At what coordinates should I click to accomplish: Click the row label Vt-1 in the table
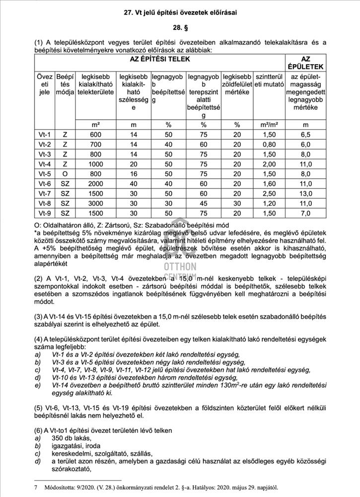(x=45, y=134)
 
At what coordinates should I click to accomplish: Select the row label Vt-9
(x=45, y=213)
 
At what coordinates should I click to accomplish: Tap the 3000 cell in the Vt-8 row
(x=95, y=203)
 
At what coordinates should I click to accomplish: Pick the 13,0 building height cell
(x=305, y=193)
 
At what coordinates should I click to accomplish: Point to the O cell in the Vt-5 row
(x=65, y=174)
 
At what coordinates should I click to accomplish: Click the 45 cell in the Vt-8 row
(x=203, y=203)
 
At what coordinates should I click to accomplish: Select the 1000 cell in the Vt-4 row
(x=95, y=164)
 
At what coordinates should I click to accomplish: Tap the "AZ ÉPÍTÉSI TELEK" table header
(x=159, y=59)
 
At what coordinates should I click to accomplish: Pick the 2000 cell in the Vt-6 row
(x=95, y=183)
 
